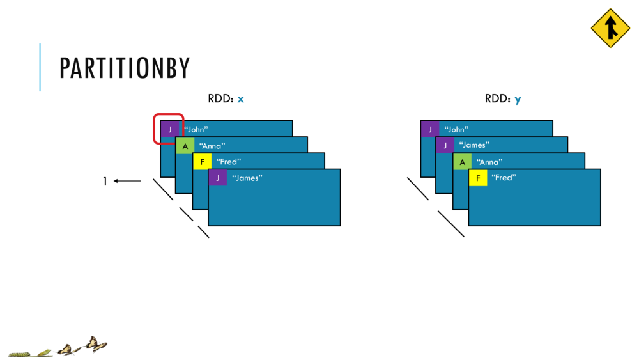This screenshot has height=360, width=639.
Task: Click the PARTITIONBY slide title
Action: [125, 68]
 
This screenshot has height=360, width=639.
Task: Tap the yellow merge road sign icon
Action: [610, 28]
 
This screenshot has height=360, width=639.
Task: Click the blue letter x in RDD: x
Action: [241, 99]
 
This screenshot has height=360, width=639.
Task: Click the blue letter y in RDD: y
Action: [518, 100]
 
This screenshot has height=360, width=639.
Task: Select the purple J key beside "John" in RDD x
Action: [170, 129]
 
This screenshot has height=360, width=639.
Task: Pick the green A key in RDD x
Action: [185, 146]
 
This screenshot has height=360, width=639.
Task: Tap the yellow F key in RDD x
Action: [202, 162]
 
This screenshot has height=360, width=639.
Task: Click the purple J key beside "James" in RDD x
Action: [217, 178]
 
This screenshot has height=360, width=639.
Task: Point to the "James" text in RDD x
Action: [247, 178]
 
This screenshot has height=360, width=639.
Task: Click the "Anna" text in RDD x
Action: [212, 146]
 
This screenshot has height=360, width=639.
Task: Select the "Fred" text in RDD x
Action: [229, 162]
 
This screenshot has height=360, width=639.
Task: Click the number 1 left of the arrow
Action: [105, 182]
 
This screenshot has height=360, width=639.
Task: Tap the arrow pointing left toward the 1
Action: [128, 181]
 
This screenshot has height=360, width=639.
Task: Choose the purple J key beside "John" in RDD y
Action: [430, 129]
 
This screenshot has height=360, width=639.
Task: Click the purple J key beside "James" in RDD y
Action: [445, 145]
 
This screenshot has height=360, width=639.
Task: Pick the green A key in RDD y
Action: [461, 162]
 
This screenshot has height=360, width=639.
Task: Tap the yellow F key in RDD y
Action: [477, 178]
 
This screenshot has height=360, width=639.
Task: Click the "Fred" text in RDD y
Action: [504, 178]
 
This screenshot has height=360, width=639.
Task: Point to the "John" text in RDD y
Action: [456, 129]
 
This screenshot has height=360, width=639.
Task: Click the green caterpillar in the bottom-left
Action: [19, 353]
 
